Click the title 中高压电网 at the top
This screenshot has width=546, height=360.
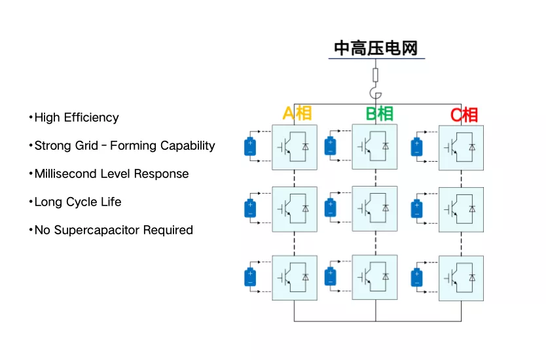pyautogui.click(x=376, y=48)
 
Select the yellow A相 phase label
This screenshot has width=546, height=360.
pyautogui.click(x=297, y=113)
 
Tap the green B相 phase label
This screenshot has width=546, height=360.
pyautogui.click(x=380, y=113)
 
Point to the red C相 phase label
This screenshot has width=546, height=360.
pyautogui.click(x=464, y=115)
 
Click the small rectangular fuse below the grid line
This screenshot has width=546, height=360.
pyautogui.click(x=375, y=75)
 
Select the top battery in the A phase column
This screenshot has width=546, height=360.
pyautogui.click(x=250, y=146)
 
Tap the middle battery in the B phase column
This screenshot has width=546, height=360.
pyautogui.click(x=330, y=207)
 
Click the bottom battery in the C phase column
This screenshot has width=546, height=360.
pyautogui.click(x=416, y=277)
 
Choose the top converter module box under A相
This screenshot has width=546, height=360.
pyautogui.click(x=295, y=147)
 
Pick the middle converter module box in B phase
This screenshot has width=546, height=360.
pyautogui.click(x=374, y=209)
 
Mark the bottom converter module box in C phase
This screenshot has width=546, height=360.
pyautogui.click(x=461, y=278)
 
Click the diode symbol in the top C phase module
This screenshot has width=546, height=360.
pyautogui.click(x=472, y=147)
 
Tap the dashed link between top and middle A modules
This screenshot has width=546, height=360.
pyautogui.click(x=294, y=178)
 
